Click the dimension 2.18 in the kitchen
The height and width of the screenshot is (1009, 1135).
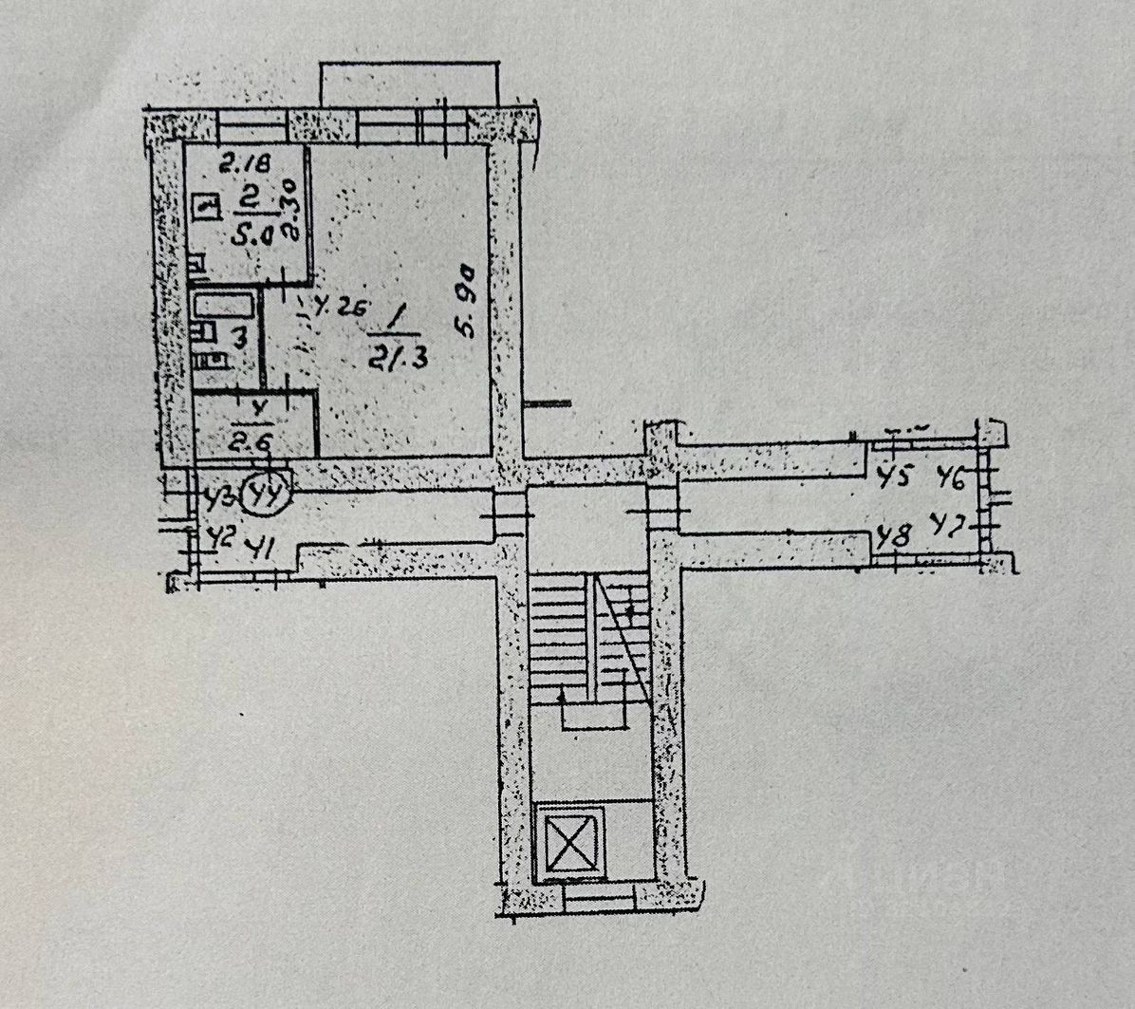246,164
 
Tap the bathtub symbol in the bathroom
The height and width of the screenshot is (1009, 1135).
224,307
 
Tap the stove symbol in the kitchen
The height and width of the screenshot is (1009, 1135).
203,204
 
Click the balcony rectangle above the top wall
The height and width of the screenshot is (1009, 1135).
409,84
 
